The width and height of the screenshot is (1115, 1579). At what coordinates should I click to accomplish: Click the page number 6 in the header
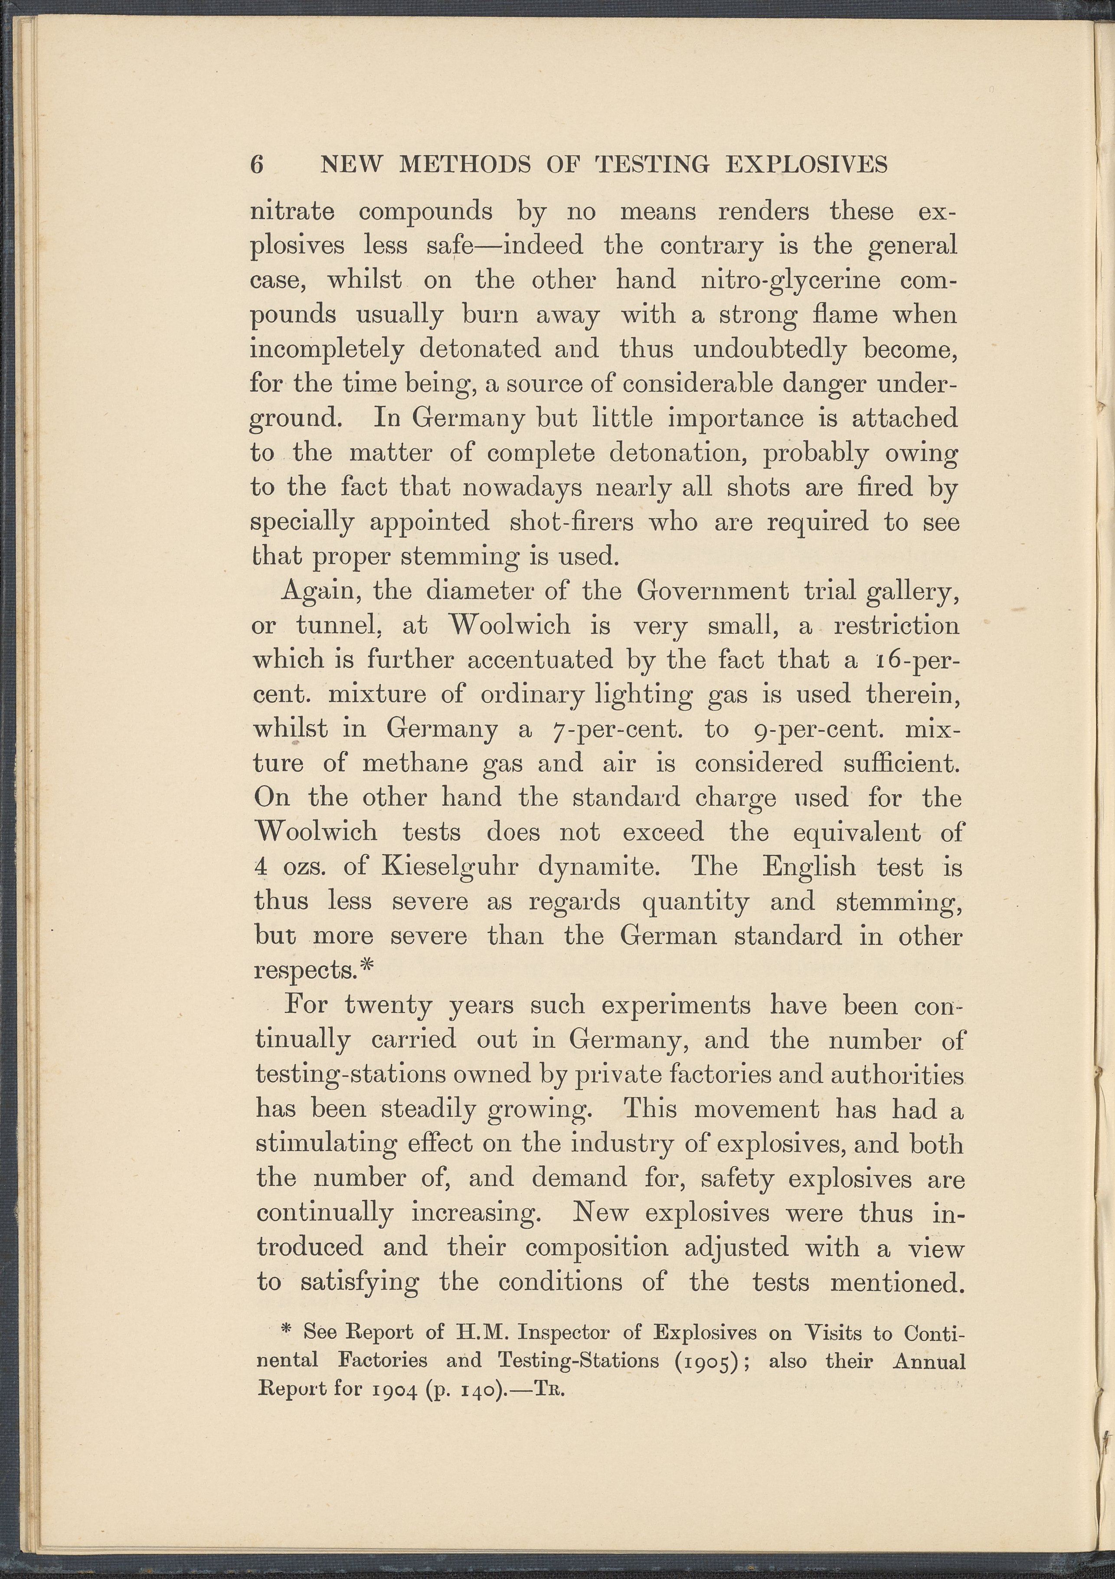click(x=257, y=164)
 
